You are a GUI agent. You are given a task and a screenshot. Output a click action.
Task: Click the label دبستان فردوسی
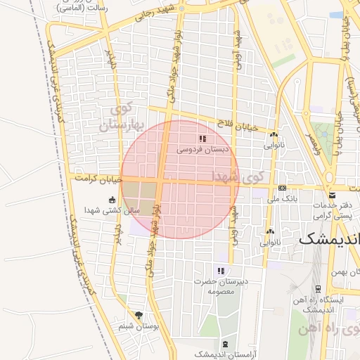pos(202,150)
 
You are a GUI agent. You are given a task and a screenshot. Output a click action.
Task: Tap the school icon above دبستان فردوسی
pos(203,139)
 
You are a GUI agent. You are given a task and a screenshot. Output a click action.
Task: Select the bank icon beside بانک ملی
pos(283,188)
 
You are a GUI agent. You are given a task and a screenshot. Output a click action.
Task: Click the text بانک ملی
pos(282,200)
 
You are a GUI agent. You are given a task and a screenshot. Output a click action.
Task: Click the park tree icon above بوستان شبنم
pos(138,315)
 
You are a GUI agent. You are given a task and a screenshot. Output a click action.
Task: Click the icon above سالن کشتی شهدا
pos(112,200)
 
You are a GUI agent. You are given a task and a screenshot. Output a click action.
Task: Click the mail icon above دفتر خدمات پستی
pos(331,195)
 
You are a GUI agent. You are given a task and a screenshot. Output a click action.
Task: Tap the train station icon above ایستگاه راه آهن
pos(319,289)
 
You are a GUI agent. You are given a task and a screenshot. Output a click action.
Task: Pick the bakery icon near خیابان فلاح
pos(274,134)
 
